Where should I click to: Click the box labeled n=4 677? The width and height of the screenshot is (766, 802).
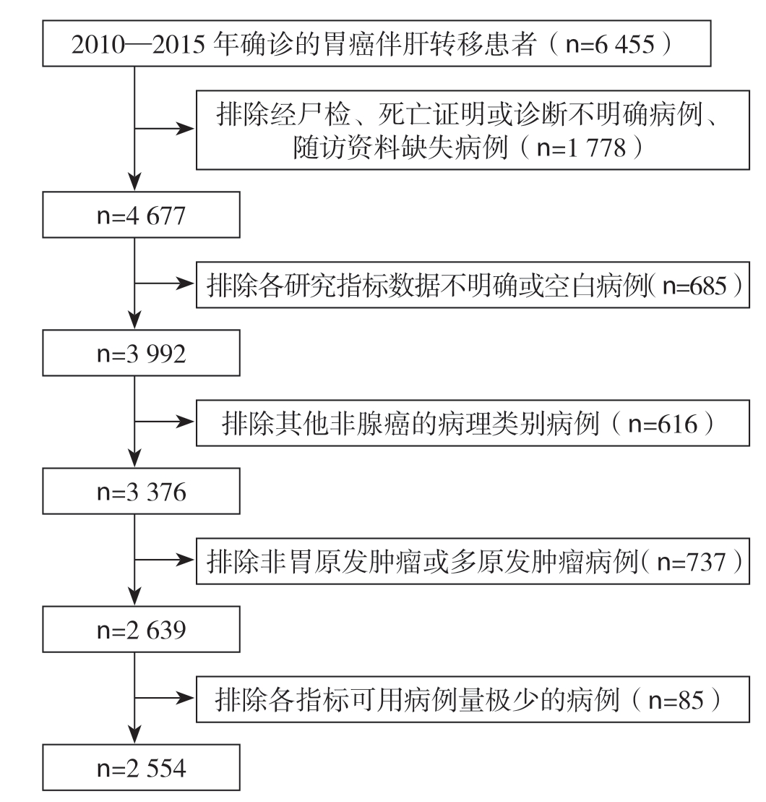(x=141, y=215)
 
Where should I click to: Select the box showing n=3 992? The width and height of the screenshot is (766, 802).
(x=141, y=353)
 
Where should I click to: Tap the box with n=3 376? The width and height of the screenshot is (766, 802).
(x=141, y=491)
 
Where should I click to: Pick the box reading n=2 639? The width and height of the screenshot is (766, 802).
(x=141, y=629)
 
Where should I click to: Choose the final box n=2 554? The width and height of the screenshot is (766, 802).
(x=141, y=767)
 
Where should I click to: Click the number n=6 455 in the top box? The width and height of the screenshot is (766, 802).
(x=610, y=45)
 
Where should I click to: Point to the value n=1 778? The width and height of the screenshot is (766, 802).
(x=581, y=148)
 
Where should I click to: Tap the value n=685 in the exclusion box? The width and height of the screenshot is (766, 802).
(x=694, y=286)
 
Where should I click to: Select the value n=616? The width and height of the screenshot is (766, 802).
(x=663, y=424)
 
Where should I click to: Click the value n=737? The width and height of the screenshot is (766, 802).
(x=692, y=562)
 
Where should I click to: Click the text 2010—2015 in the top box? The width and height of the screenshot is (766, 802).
(x=138, y=45)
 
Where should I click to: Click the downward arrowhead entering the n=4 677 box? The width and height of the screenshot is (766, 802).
(x=134, y=182)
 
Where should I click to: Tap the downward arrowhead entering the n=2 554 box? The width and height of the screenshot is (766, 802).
(x=134, y=735)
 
